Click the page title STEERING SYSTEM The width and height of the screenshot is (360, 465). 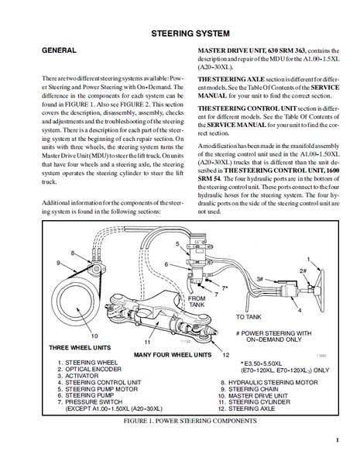pyautogui.click(x=190, y=33)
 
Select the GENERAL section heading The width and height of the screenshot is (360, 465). pyautogui.click(x=59, y=50)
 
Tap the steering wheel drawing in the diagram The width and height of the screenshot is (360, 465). pyautogui.click(x=320, y=291)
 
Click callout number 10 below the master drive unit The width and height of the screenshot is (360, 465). pyautogui.click(x=94, y=336)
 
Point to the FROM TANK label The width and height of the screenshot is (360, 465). pyautogui.click(x=197, y=301)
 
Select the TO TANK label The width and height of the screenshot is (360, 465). pyautogui.click(x=249, y=317)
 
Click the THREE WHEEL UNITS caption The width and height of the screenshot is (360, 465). pyautogui.click(x=80, y=347)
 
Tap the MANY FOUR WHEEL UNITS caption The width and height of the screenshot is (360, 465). pyautogui.click(x=173, y=355)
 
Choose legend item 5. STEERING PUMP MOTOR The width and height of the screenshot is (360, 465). pyautogui.click(x=98, y=389)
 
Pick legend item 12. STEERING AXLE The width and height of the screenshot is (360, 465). pyautogui.click(x=246, y=408)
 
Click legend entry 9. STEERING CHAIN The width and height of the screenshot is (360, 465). pyautogui.click(x=249, y=389)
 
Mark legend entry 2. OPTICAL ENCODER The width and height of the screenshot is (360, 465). pyautogui.click(x=90, y=369)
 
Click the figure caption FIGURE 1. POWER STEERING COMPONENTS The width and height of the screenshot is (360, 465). pyautogui.click(x=190, y=421)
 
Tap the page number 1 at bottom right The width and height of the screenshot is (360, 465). pyautogui.click(x=338, y=440)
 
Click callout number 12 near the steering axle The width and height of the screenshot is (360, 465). pyautogui.click(x=226, y=355)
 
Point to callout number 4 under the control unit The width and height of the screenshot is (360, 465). pyautogui.click(x=300, y=311)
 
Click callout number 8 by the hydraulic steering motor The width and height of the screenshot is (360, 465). pyautogui.click(x=73, y=253)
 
